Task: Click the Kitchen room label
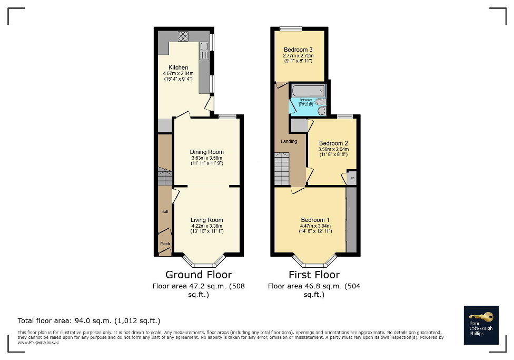pos(178,67)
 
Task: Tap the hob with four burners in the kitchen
pos(184,36)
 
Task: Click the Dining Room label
pos(206,152)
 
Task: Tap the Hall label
pos(164,211)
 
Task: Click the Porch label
pos(165,244)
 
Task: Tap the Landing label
pos(289,141)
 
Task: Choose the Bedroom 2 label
pos(333,143)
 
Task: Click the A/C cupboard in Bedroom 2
pos(352,179)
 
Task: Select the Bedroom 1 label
pos(315,220)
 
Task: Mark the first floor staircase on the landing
pos(282,168)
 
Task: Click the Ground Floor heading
pos(199,275)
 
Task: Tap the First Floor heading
pos(314,275)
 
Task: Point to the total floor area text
pos(89,320)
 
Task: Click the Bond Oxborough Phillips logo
pos(480,325)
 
